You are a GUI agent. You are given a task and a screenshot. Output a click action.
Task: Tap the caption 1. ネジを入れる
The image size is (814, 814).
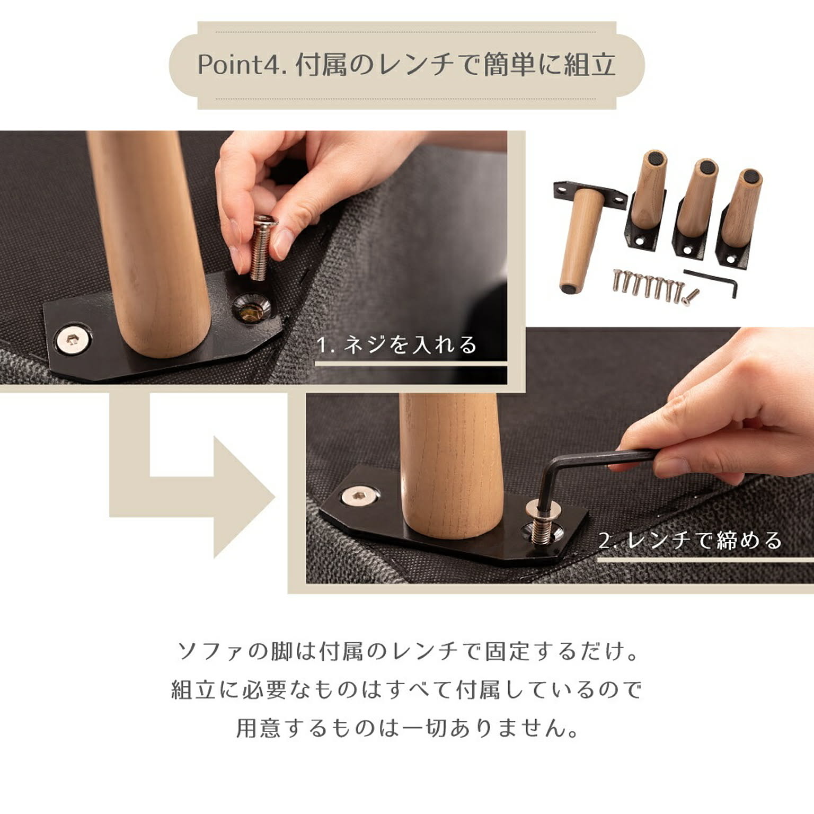point(396,345)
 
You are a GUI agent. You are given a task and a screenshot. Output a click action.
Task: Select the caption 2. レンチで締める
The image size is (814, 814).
point(691,541)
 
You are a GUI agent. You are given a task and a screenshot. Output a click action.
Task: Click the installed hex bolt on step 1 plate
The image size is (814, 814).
point(73,340)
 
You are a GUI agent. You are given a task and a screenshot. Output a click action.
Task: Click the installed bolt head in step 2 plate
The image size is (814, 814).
point(360,497)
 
